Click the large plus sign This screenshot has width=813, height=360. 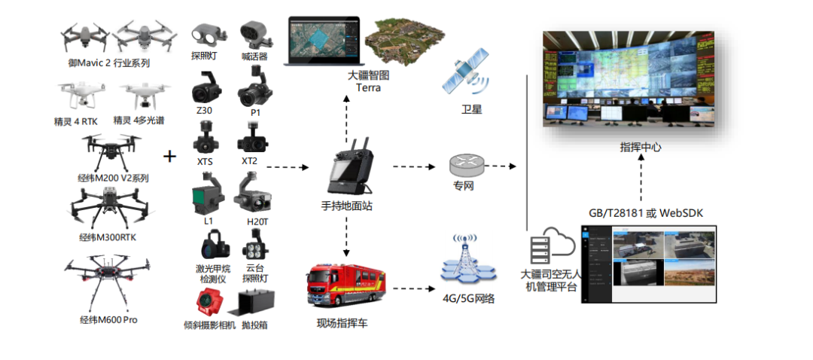pos(170,156)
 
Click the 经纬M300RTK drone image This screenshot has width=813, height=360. pos(107,206)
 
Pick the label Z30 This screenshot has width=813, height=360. pos(205,111)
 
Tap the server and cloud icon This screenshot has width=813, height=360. pos(551,246)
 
